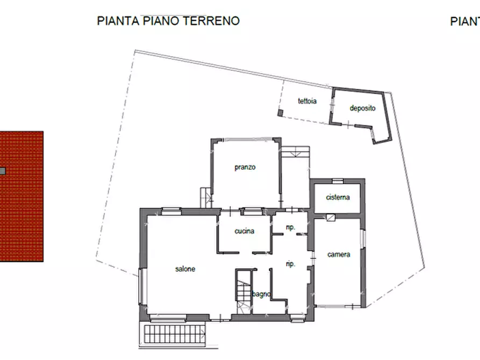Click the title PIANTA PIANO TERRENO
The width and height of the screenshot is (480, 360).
coord(168,21)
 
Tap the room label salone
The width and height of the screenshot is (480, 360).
coord(184,269)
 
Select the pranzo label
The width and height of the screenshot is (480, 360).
coord(245,167)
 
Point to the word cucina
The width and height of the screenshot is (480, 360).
coord(244,231)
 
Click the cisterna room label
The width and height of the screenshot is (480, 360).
coord(338,197)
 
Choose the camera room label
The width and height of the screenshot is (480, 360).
coord(339,254)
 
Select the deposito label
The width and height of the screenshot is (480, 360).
coord(362,108)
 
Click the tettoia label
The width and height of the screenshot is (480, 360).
coord(307,101)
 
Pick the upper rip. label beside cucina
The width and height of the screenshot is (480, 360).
coord(290,228)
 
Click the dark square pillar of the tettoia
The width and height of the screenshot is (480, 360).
coord(280,113)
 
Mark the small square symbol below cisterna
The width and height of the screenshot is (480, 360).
coord(330,218)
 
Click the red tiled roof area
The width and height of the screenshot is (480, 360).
coord(22,215)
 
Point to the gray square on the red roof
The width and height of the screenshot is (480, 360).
coord(2,171)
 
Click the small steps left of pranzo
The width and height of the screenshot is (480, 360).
coord(205,197)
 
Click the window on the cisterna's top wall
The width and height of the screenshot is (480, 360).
coord(337,181)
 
